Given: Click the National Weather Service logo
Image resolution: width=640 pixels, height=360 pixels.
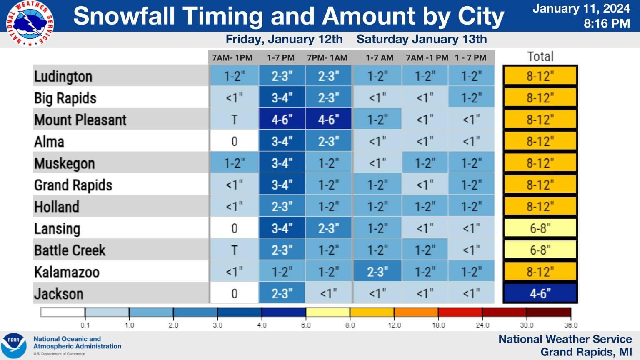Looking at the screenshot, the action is [x=30, y=23].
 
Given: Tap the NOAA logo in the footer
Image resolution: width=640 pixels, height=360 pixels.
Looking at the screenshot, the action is [x=13, y=346].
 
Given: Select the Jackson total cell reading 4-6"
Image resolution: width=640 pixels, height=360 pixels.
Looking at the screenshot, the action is [x=540, y=293].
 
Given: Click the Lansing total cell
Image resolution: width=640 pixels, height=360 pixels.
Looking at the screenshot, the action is [x=540, y=228].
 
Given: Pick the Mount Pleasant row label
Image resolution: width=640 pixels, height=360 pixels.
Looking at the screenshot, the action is [x=80, y=120].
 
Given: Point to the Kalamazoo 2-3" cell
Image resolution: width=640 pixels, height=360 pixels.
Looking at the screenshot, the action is [x=377, y=271].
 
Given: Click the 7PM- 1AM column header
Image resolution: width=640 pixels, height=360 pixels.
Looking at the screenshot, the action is [x=327, y=58].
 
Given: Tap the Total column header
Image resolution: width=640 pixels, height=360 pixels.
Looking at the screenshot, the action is [x=540, y=56].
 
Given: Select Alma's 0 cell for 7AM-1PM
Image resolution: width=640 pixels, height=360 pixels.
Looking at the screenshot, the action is [x=234, y=141].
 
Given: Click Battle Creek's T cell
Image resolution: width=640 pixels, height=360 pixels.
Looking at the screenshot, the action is [x=234, y=250].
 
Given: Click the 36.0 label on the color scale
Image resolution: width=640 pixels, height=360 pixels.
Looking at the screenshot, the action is [x=571, y=325].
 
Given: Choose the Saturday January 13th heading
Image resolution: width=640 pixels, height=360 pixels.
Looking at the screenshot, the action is [x=422, y=39].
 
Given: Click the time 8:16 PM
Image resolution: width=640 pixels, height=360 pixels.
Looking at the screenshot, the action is [x=607, y=23].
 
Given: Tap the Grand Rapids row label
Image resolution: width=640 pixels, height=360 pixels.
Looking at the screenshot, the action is [x=73, y=185].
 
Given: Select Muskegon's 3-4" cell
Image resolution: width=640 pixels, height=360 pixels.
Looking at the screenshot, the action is [x=282, y=163].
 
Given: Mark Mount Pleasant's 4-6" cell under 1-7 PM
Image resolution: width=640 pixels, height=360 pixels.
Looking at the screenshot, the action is [x=282, y=120].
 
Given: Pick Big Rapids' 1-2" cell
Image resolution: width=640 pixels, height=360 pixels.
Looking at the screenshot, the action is [x=471, y=98].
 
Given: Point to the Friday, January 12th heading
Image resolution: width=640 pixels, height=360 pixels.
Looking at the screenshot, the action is [x=284, y=40].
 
